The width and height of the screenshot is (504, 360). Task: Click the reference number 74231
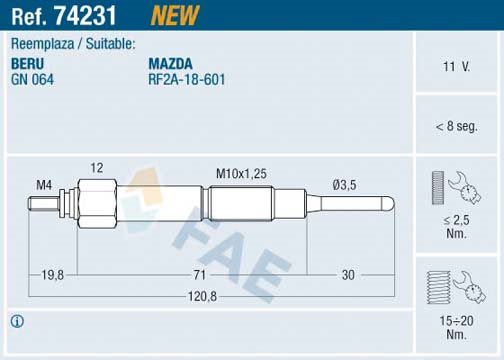85,15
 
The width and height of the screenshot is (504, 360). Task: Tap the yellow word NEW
175,15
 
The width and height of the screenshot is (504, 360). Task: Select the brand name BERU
27,64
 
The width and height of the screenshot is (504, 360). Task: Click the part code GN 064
32,80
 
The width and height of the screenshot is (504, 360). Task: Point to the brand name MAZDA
170,64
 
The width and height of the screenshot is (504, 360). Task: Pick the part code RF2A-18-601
187,80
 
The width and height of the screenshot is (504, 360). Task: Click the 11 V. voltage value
456,67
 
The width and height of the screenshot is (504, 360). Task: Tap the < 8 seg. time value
456,126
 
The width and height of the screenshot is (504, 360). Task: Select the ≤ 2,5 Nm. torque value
456,227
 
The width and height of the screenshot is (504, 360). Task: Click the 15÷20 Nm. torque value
456,327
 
